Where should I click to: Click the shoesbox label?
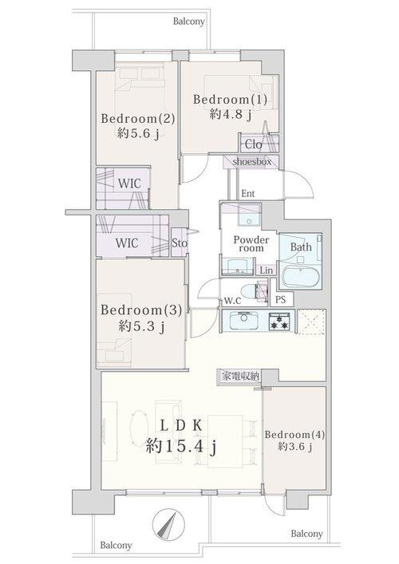tap(252, 161)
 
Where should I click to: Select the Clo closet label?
tap(253, 144)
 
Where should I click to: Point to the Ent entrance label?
tap(247, 193)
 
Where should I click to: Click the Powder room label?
tap(251, 244)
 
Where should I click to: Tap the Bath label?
tap(300, 247)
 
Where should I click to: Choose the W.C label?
tap(231, 301)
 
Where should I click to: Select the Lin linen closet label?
tap(265, 271)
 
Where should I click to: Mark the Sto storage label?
tap(179, 243)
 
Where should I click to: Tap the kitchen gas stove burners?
tap(279, 321)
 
